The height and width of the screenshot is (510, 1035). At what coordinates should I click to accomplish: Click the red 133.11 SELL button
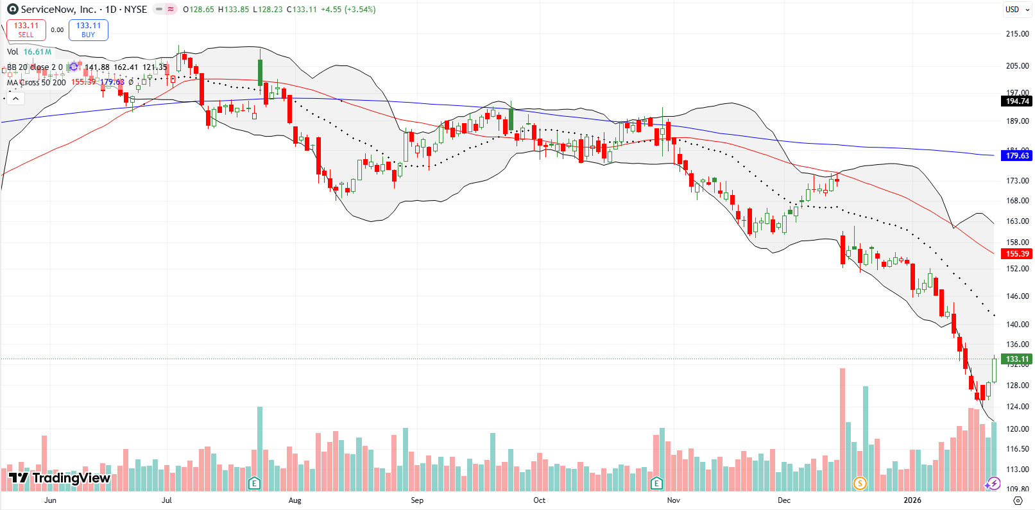[x=26, y=30]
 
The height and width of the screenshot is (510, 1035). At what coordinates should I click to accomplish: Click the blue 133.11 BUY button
[x=89, y=30]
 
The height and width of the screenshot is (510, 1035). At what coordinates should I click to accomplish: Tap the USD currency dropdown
[x=1016, y=10]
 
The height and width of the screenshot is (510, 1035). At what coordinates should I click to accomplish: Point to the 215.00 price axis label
[x=1017, y=34]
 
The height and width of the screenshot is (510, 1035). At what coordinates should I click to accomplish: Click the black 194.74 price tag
[x=1016, y=101]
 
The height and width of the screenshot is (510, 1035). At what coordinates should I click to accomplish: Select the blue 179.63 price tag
[x=1016, y=156]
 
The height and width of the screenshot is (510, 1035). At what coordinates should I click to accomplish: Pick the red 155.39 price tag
[x=1016, y=254]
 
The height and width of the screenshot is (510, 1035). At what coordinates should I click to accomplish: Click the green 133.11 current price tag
[x=1016, y=359]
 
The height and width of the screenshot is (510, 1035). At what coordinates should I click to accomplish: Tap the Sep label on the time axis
[x=417, y=500]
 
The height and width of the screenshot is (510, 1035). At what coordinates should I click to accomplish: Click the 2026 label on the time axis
[x=912, y=500]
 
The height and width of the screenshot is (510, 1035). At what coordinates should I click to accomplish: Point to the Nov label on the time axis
[x=673, y=500]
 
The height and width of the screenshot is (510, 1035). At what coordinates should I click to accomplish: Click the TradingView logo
[x=60, y=478]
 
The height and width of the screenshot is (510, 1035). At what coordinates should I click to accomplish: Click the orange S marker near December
[x=860, y=483]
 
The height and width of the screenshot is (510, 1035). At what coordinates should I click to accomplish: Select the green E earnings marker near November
[x=656, y=483]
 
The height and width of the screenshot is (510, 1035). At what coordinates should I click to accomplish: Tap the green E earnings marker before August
[x=255, y=483]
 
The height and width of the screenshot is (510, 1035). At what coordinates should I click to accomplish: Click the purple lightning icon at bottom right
[x=993, y=483]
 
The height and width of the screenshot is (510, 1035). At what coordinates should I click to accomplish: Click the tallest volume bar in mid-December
[x=843, y=430]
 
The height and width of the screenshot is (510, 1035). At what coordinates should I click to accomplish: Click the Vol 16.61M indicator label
[x=29, y=52]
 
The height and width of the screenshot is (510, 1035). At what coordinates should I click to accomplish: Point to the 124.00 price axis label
[x=1017, y=407]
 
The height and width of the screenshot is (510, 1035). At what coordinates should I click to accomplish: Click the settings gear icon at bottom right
[x=1018, y=500]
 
